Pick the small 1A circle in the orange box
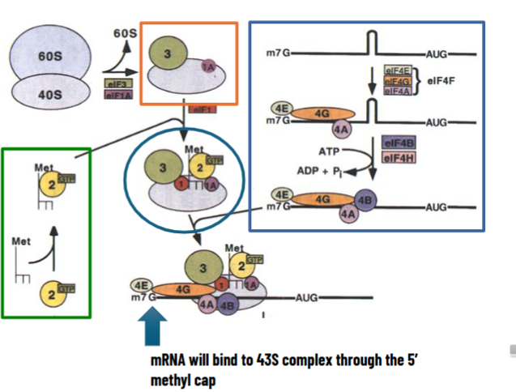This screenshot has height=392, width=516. [x=209, y=66]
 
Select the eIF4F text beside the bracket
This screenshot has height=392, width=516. [x=440, y=81]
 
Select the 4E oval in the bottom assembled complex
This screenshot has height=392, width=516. [x=143, y=284]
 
